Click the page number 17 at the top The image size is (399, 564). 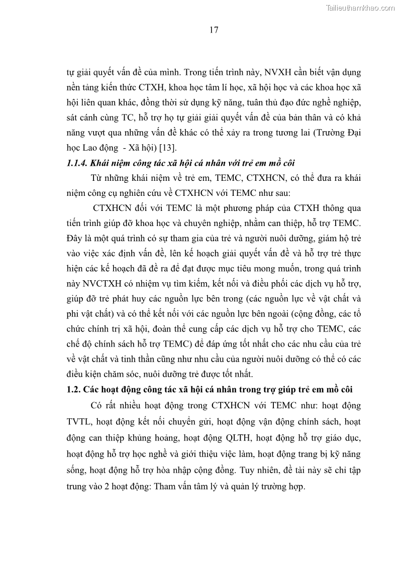(x=214, y=30)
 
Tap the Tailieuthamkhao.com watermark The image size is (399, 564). (x=360, y=8)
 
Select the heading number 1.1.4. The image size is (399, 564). (x=78, y=164)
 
